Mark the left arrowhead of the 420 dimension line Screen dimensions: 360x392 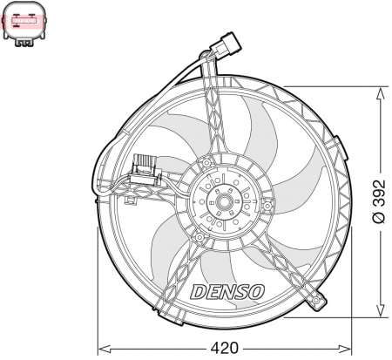(x=98, y=349)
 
